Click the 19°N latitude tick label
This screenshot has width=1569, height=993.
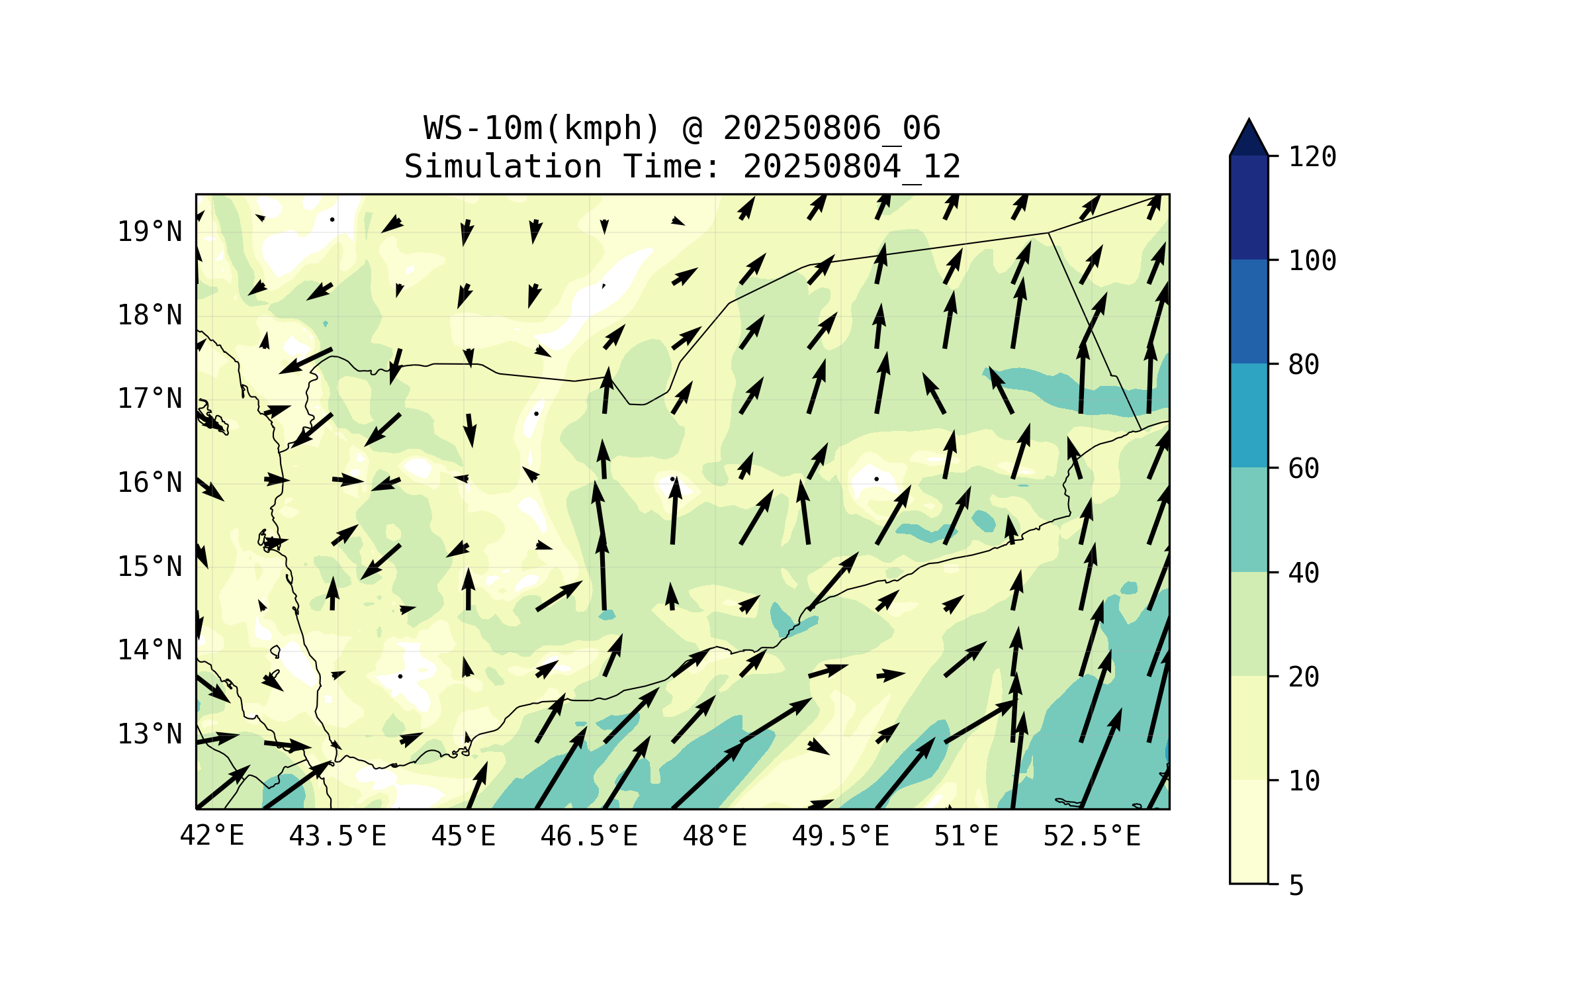click(150, 232)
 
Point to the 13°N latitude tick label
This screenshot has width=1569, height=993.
click(150, 734)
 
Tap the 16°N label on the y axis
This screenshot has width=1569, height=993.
click(150, 483)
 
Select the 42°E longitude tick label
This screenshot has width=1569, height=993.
click(212, 835)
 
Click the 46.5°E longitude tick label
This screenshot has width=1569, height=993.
click(589, 835)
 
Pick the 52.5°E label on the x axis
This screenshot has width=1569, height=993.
click(1092, 835)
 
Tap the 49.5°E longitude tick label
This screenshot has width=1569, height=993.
click(840, 835)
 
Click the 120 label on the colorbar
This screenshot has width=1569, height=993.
click(1312, 157)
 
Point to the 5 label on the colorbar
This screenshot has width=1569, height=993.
click(1296, 885)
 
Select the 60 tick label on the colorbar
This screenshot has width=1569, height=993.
click(1304, 469)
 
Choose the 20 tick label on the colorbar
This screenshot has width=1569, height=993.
click(1304, 677)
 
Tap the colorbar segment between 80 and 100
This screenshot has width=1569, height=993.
click(1249, 311)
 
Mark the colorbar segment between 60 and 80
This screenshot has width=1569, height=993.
click(1249, 415)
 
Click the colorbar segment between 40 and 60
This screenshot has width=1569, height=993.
click(1249, 519)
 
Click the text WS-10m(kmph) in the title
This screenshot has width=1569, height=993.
click(542, 128)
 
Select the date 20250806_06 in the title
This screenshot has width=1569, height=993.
click(831, 128)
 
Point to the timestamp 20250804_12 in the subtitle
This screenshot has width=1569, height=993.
click(852, 166)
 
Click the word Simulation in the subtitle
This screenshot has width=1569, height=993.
click(503, 166)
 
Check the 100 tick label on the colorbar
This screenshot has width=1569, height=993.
click(1312, 261)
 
